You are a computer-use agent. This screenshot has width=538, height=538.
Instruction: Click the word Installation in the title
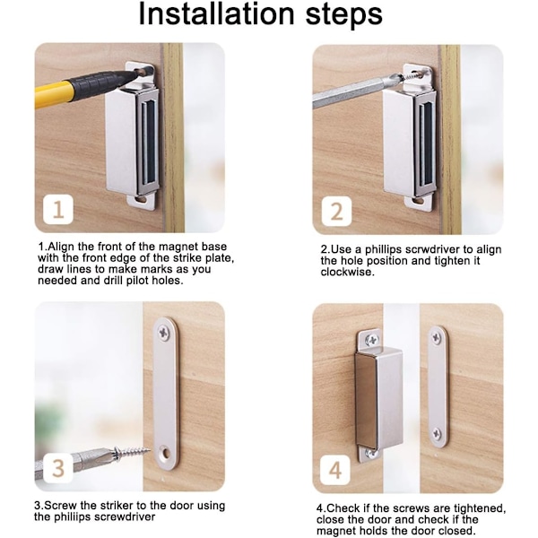click(x=216, y=14)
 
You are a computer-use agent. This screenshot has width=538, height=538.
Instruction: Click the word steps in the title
click(x=343, y=15)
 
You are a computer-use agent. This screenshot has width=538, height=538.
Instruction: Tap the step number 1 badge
click(x=58, y=209)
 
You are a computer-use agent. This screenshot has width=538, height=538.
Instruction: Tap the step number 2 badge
click(x=336, y=211)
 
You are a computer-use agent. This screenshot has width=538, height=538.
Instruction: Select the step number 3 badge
click(x=58, y=468)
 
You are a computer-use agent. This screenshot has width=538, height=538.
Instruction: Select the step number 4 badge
click(x=335, y=470)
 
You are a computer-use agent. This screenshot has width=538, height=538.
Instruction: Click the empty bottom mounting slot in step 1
click(x=141, y=199)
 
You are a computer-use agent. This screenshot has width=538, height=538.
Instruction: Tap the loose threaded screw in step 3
click(x=132, y=453)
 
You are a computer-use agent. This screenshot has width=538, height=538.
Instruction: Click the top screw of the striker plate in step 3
click(x=164, y=333)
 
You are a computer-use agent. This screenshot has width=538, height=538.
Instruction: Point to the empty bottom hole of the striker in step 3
click(x=166, y=454)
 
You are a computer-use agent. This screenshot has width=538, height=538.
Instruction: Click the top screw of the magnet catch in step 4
click(x=371, y=340)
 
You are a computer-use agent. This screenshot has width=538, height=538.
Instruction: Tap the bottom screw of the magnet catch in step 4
click(x=370, y=453)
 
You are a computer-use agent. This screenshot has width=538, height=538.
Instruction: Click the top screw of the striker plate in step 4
click(x=436, y=338)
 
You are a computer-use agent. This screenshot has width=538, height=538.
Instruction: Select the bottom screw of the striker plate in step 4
click(x=437, y=434)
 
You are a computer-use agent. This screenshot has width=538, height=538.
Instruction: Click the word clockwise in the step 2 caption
click(x=346, y=272)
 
